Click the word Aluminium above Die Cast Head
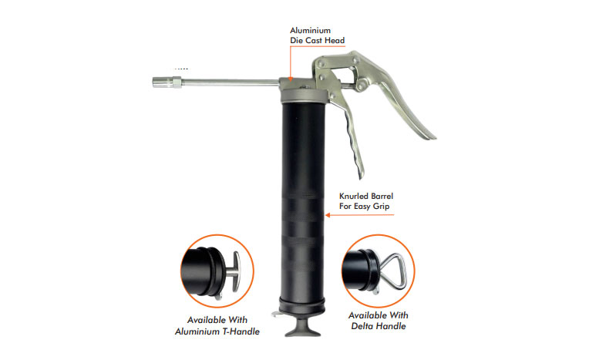(310, 30)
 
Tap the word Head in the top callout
(335, 41)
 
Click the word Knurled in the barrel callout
(354, 196)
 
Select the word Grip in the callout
(382, 207)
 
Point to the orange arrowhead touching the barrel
(328, 215)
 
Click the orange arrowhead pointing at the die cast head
(290, 77)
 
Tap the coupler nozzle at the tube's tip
(167, 82)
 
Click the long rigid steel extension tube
(231, 82)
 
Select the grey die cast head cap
(303, 91)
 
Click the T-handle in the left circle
(235, 271)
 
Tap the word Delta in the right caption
(363, 326)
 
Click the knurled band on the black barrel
(303, 214)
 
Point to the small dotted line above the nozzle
(181, 69)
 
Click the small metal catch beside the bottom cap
(276, 314)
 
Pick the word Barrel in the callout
(382, 196)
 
